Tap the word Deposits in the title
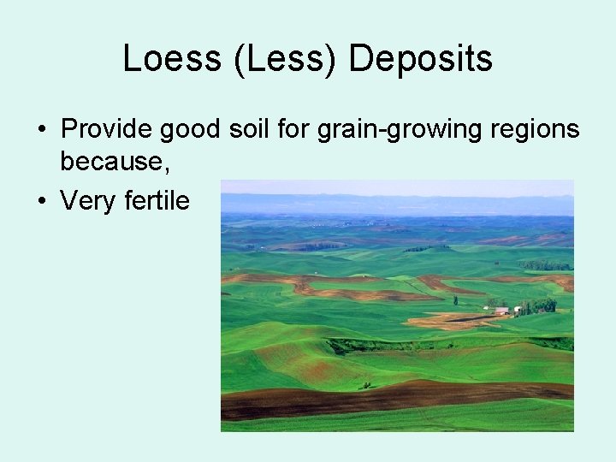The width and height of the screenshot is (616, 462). (x=421, y=59)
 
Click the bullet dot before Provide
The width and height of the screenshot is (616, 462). (x=41, y=131)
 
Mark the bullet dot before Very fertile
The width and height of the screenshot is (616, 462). (x=41, y=202)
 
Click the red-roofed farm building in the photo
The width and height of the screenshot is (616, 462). (x=502, y=310)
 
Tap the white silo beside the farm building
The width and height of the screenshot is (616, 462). (x=517, y=310)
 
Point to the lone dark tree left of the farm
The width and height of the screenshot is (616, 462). (x=455, y=300)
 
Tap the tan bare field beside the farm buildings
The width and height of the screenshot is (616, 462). (x=445, y=322)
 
